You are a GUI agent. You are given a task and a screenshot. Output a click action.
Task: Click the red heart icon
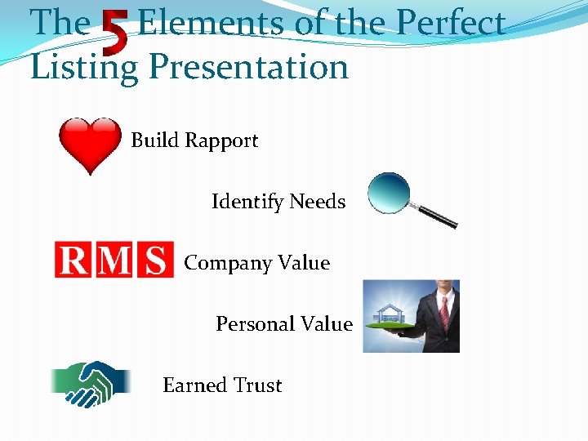[x=90, y=144]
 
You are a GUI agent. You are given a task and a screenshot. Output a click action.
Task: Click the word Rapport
[x=221, y=141]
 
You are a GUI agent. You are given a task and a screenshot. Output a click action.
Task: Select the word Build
[x=154, y=140]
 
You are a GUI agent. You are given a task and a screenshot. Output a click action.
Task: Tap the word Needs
[x=318, y=201]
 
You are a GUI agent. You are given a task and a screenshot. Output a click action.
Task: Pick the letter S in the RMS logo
[x=154, y=261]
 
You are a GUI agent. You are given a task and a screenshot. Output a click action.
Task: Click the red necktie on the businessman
[x=443, y=311]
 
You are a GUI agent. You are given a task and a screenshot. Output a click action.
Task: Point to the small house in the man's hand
[x=386, y=314]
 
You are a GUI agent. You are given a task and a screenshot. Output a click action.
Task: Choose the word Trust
[x=256, y=385]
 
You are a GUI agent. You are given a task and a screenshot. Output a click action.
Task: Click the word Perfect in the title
[x=452, y=23]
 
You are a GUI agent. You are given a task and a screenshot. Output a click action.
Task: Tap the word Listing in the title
[x=83, y=67]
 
